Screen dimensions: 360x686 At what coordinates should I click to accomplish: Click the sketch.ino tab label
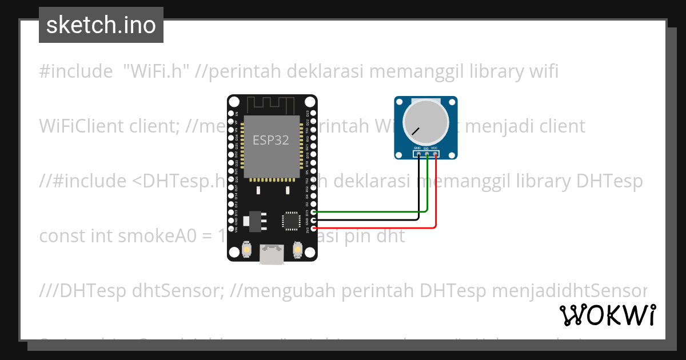pyautogui.click(x=101, y=25)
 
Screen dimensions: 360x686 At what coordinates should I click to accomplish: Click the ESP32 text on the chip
pyautogui.click(x=271, y=140)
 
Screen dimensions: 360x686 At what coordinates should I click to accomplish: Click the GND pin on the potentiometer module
pyautogui.click(x=419, y=153)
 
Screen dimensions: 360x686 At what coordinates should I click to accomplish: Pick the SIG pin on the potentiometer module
pyautogui.click(x=427, y=153)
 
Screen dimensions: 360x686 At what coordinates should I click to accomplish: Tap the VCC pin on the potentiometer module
pyautogui.click(x=436, y=153)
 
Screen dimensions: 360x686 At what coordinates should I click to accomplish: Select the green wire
pyautogui.click(x=372, y=211)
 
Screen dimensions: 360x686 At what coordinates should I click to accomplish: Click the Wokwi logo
pyautogui.click(x=607, y=315)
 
